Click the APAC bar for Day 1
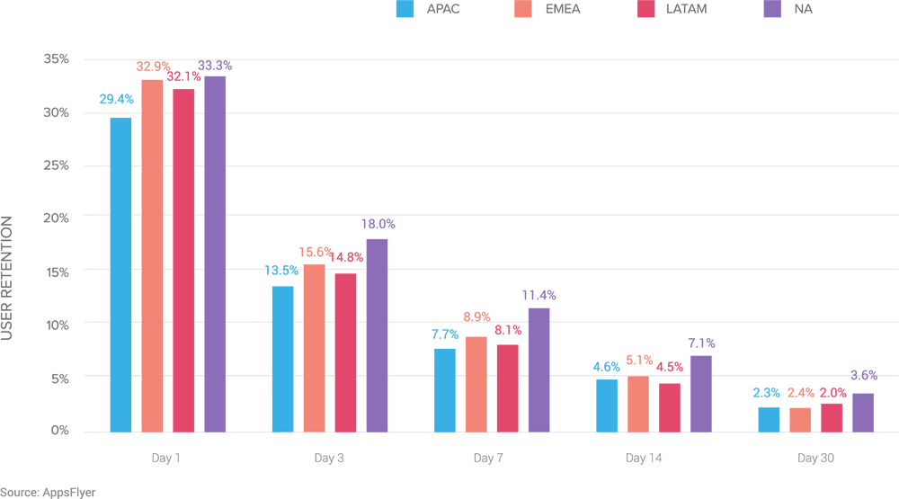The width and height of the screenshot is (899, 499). [x=120, y=274]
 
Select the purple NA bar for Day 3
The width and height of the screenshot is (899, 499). [x=377, y=335]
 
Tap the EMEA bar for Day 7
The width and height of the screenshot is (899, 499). [x=476, y=384]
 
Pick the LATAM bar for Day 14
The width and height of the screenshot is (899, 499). [x=669, y=407]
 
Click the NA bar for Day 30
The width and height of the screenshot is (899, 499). [x=863, y=413]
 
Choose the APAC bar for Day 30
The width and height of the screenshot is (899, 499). [x=769, y=419]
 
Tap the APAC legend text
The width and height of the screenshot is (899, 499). [x=444, y=9]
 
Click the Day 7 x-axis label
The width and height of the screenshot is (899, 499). [x=488, y=459]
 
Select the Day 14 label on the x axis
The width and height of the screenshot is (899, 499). [x=643, y=459]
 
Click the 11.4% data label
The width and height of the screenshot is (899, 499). [x=539, y=295]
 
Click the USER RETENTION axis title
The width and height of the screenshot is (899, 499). [x=7, y=278]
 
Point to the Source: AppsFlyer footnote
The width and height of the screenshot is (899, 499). [x=48, y=493]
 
